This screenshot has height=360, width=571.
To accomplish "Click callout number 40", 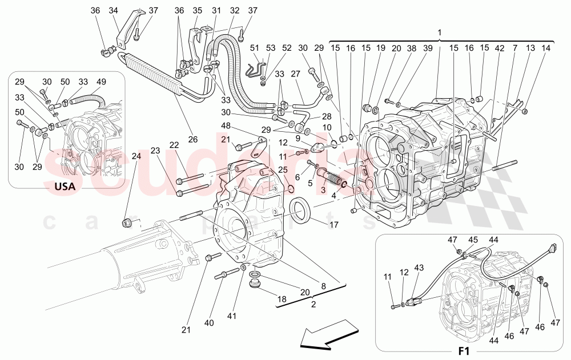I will point(210,323).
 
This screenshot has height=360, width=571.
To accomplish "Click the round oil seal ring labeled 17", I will point(301,211).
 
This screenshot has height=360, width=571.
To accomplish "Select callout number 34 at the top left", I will point(113,10).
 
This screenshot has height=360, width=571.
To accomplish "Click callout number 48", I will point(226,126).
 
